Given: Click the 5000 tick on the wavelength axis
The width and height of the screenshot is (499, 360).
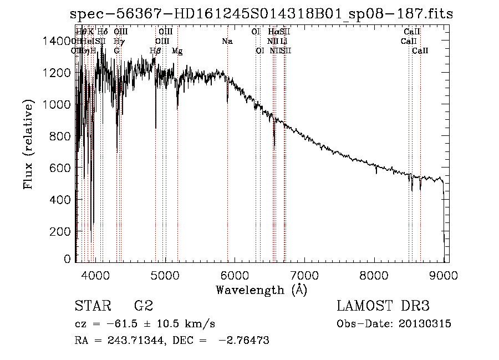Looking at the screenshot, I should pos(165,273).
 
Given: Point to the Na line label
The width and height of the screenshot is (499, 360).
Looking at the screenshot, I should pos(227,42).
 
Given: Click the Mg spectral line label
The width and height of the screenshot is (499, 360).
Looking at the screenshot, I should pos(177,51).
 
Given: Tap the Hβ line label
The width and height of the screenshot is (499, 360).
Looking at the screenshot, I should pos(156,51).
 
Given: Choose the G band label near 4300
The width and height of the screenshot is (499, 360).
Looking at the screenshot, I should pos(116,51).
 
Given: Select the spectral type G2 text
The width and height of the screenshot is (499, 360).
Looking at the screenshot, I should pos(144,306).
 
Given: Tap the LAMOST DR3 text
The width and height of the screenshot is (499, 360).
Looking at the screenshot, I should pos(383,306).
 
